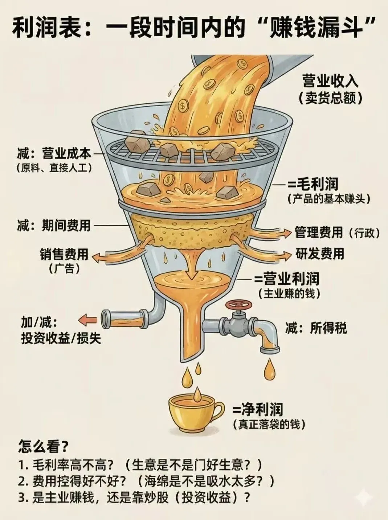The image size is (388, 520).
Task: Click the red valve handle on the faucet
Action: tap(236, 304)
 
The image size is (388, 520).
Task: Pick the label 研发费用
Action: tap(319, 253)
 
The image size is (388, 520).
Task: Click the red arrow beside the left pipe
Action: tap(87, 320)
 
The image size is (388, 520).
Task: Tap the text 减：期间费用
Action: tap(53, 226)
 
